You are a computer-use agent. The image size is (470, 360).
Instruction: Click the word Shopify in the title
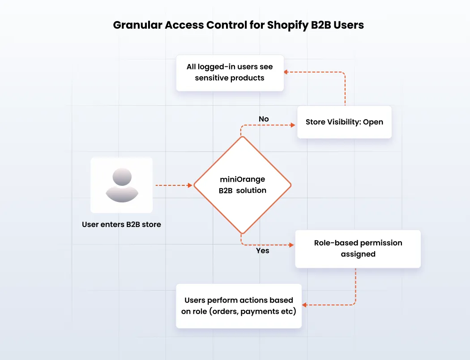pyautogui.click(x=287, y=25)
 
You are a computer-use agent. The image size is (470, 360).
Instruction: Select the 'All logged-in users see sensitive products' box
pyautogui.click(x=230, y=73)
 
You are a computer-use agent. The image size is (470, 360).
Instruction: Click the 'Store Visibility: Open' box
pyautogui.click(x=344, y=122)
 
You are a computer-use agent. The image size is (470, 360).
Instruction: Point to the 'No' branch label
pyautogui.click(x=264, y=119)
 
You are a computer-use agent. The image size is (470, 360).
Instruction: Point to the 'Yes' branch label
pyautogui.click(x=262, y=251)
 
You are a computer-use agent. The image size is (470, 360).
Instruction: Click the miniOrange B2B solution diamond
pyautogui.click(x=242, y=185)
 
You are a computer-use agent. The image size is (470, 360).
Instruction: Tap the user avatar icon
pyautogui.click(x=121, y=184)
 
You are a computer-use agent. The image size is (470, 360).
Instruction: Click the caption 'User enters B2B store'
pyautogui.click(x=121, y=224)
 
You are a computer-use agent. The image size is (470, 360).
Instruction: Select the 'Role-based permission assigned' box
pyautogui.click(x=358, y=249)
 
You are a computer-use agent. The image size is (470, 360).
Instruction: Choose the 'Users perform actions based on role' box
pyautogui.click(x=239, y=306)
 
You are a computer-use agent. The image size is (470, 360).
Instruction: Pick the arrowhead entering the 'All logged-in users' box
pyautogui.click(x=287, y=72)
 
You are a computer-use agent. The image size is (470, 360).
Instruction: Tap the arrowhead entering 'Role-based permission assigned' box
pyautogui.click(x=292, y=245)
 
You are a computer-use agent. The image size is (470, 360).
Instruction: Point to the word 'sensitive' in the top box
pyautogui.click(x=211, y=78)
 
